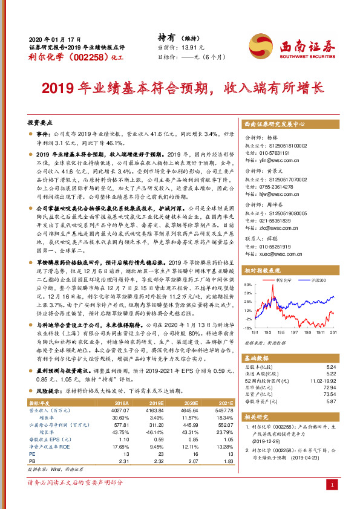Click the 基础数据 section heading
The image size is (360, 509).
click(x=256, y=358)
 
